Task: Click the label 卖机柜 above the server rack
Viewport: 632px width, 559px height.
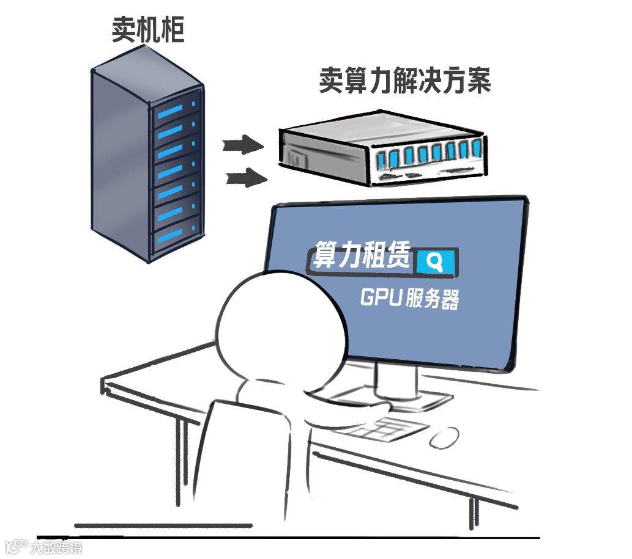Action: tap(148, 29)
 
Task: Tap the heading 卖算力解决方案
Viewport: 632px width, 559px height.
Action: tap(404, 81)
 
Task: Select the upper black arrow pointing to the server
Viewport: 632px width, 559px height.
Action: tap(242, 145)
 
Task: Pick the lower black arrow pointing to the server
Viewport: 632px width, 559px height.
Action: tap(247, 178)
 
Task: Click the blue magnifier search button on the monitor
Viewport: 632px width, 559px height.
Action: tap(436, 261)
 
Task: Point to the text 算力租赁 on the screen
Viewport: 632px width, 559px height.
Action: tap(362, 255)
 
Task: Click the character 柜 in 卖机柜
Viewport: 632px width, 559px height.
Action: tap(172, 29)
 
